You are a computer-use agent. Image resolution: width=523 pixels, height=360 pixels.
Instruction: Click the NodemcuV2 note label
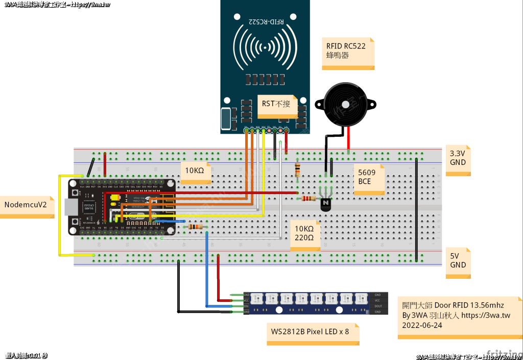coord(26,205)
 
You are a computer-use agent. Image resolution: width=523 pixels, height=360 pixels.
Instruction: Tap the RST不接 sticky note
coord(276,103)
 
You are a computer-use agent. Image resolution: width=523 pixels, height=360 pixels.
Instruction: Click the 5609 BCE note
coord(368,177)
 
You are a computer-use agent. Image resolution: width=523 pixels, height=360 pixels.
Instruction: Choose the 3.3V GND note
coord(458,158)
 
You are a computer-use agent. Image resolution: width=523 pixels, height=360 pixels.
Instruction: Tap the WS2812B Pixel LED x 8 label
coord(310,332)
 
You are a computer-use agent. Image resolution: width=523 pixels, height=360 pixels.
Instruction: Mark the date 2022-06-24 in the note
coord(422,325)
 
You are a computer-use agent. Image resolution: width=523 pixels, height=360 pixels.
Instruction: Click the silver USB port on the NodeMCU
coord(73,207)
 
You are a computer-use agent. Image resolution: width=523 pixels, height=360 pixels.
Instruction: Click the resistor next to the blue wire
coord(195,227)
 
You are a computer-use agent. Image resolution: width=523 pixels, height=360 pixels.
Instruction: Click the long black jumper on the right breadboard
coord(416,209)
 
